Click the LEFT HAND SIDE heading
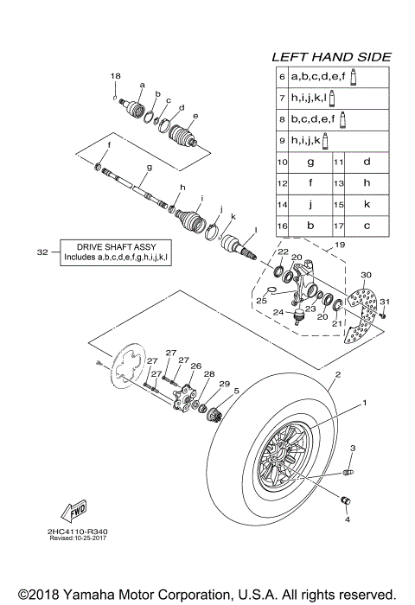331,56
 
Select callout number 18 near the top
115,77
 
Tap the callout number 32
42,252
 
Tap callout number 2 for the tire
338,374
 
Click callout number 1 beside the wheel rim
364,403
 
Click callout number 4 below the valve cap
348,520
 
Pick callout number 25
260,301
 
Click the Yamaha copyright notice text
207,595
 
